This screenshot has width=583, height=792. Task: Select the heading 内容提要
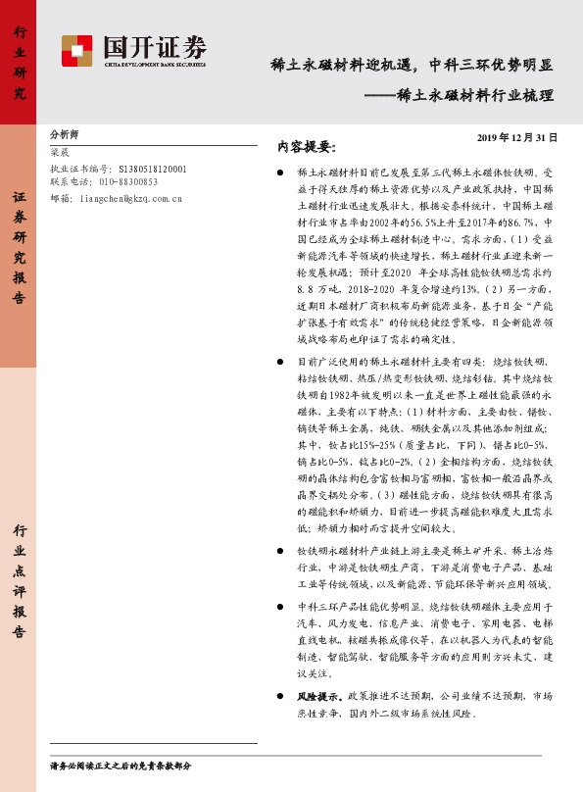pos(306,147)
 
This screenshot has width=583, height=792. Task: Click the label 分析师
pos(65,135)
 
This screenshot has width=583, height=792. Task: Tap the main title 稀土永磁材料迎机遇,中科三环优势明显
pos(412,67)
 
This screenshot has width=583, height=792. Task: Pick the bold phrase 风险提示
pos(316,695)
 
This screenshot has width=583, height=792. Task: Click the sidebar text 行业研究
pos(20,64)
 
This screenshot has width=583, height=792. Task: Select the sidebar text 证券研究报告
pos(20,249)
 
